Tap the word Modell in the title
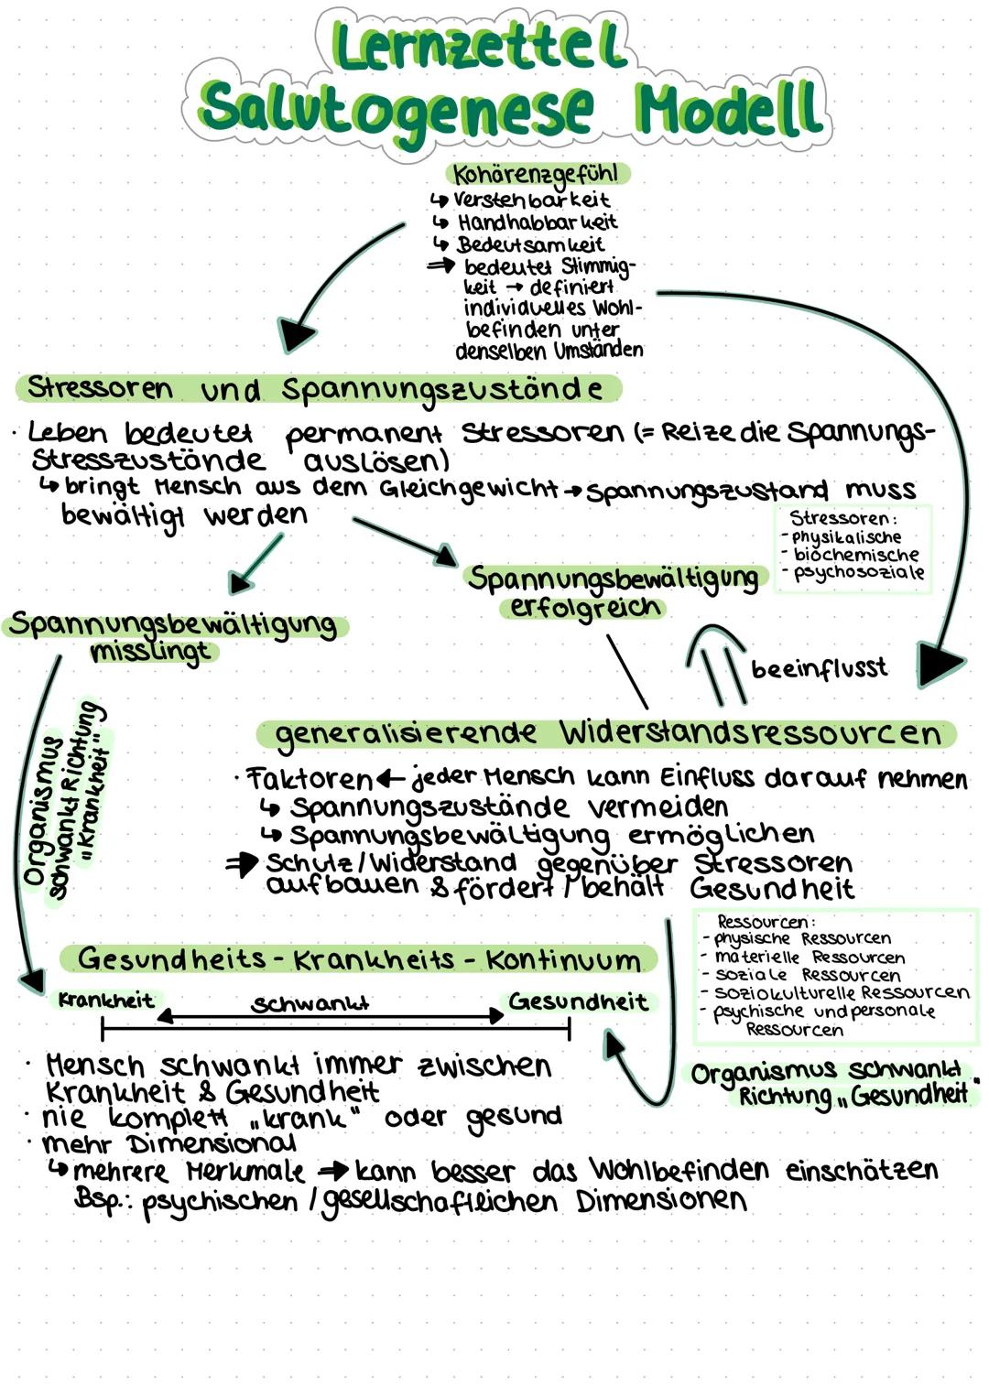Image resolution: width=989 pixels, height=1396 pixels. pyautogui.click(x=730, y=108)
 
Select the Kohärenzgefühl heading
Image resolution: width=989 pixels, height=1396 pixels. pyautogui.click(x=537, y=174)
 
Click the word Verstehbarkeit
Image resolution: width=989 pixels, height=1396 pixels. pyautogui.click(x=531, y=200)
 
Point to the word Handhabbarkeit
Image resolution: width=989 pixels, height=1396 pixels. pyautogui.click(x=538, y=222)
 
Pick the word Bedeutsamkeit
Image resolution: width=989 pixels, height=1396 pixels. pyautogui.click(x=530, y=244)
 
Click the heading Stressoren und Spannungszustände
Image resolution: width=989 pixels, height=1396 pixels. pyautogui.click(x=316, y=389)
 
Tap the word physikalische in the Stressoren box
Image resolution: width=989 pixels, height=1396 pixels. pyautogui.click(x=846, y=537)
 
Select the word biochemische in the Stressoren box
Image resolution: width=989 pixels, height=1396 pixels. pyautogui.click(x=855, y=555)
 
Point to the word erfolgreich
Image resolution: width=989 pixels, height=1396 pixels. pyautogui.click(x=584, y=608)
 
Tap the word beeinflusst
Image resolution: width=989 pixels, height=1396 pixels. pyautogui.click(x=819, y=669)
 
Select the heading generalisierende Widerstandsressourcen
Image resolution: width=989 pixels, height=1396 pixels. pyautogui.click(x=608, y=733)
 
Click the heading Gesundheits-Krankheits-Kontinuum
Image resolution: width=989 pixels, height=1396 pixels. pyautogui.click(x=359, y=959)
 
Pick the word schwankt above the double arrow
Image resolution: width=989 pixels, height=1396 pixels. pyautogui.click(x=310, y=1003)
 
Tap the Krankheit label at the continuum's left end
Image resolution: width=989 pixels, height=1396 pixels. pyautogui.click(x=106, y=1001)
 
